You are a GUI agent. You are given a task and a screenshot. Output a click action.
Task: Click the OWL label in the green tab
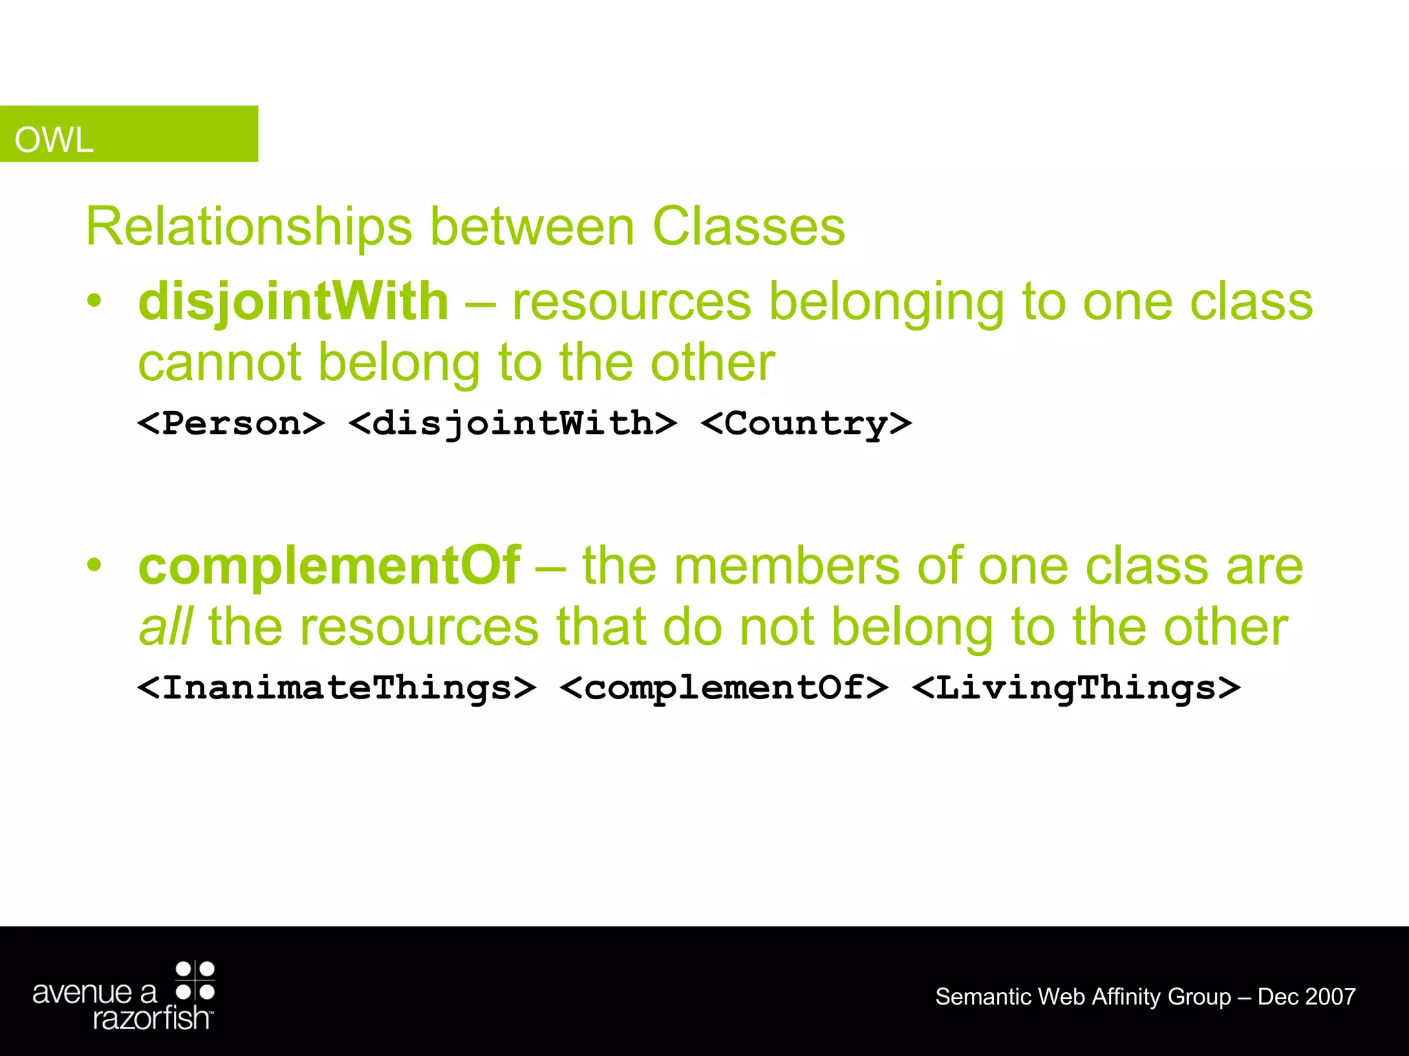54,140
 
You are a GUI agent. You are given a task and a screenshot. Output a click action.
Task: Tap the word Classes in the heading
749,227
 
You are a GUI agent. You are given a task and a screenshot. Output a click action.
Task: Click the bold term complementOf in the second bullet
330,566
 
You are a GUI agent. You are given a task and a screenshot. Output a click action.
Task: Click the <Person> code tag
231,423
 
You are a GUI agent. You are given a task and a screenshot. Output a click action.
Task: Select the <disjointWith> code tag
513,423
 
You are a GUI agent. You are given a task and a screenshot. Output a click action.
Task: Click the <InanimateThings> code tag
336,688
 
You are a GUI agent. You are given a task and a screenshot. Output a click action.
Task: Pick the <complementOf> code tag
724,688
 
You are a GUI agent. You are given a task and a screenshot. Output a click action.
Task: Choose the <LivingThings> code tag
1077,688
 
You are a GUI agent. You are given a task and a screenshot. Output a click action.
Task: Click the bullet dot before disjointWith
94,300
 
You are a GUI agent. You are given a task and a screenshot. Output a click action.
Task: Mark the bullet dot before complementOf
94,565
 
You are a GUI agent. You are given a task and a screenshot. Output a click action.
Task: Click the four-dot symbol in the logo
195,981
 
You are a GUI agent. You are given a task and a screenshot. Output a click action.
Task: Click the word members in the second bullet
786,566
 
